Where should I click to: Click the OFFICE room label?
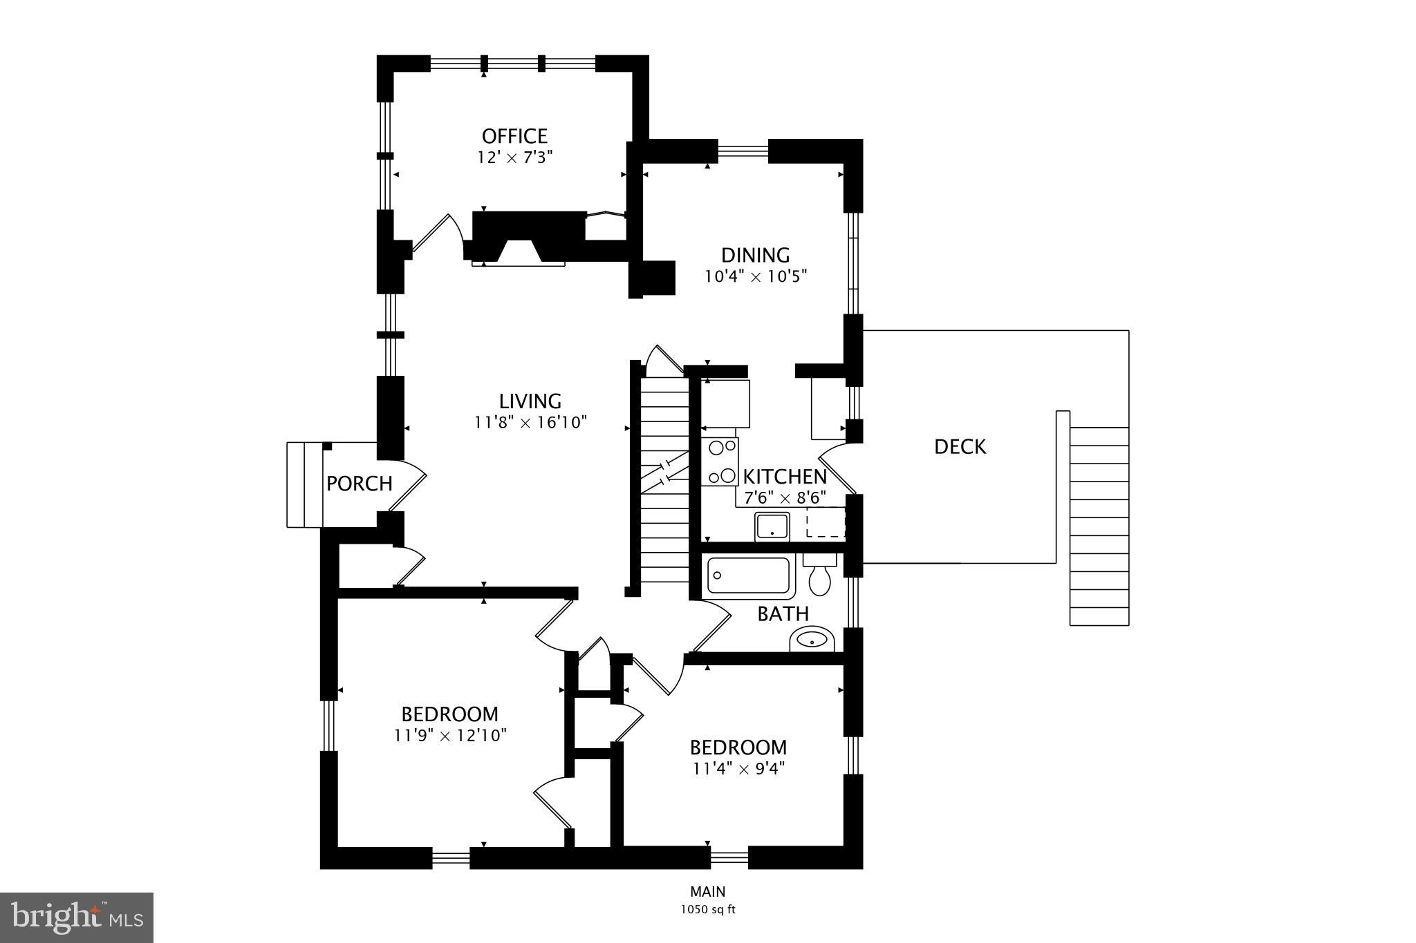(514, 136)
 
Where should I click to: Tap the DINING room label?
(756, 256)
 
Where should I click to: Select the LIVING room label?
(530, 401)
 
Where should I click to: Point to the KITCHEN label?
(785, 477)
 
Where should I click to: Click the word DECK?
(960, 447)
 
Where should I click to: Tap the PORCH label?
(360, 484)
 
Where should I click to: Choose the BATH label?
(783, 613)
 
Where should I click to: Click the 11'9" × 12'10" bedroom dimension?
(451, 735)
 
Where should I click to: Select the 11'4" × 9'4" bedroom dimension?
(738, 768)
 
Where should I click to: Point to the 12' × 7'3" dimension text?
(515, 158)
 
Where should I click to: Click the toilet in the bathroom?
(819, 575)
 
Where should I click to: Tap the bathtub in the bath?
(749, 576)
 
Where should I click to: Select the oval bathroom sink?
(812, 640)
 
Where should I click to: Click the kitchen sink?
(772, 526)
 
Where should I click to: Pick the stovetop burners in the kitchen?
(723, 461)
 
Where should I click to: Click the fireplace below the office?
(519, 245)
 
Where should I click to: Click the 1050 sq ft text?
(708, 910)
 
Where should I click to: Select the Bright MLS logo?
(77, 917)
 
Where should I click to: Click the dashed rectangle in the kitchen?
(826, 523)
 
